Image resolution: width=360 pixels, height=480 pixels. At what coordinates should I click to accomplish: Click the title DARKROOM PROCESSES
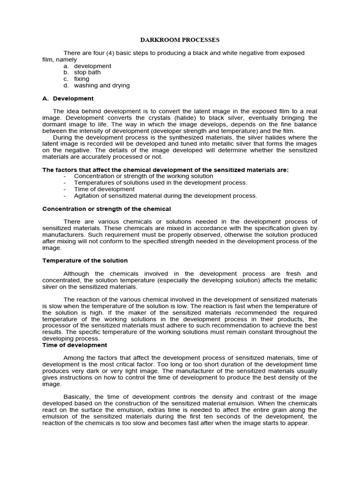click(x=180, y=40)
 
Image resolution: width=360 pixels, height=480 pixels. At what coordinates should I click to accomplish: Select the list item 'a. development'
click(x=92, y=66)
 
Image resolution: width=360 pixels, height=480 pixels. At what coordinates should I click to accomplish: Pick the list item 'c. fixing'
click(x=81, y=79)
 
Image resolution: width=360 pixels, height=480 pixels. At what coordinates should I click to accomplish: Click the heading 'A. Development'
click(x=68, y=98)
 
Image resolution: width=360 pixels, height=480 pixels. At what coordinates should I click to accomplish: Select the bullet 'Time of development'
click(x=104, y=189)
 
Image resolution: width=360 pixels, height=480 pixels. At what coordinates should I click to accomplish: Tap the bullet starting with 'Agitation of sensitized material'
click(x=165, y=196)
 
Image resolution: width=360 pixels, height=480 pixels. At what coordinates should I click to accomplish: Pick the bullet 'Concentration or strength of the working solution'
click(x=143, y=176)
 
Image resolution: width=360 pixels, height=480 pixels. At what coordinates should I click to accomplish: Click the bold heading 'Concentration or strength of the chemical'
click(x=106, y=209)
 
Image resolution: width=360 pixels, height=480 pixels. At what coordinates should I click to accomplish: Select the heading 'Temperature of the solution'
click(x=85, y=261)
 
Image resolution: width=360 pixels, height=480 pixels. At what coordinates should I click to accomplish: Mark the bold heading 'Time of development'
click(x=75, y=345)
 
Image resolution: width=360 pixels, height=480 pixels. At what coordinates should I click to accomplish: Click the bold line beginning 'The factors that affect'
click(x=165, y=170)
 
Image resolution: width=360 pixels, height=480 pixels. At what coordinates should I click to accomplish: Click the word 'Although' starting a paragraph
click(x=78, y=274)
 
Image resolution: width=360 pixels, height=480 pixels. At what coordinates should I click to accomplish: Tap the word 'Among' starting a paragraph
click(x=74, y=358)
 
